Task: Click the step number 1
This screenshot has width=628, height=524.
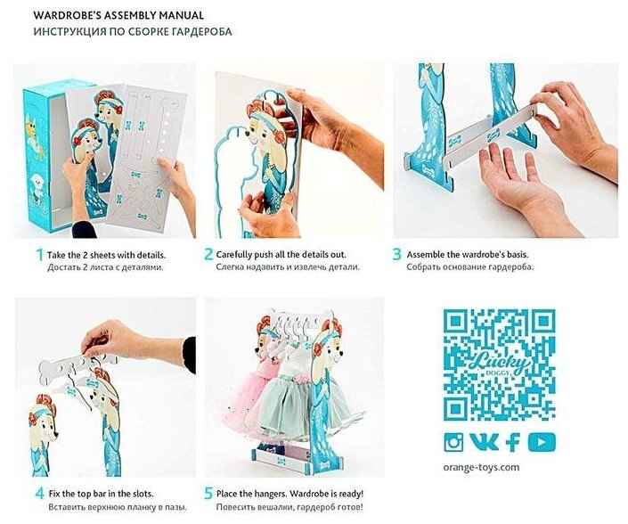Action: tap(39, 255)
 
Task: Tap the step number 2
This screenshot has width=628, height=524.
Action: tap(208, 254)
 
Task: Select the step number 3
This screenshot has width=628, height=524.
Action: tap(396, 254)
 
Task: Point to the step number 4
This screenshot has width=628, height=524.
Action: tap(40, 493)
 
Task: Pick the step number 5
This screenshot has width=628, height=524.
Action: tap(208, 493)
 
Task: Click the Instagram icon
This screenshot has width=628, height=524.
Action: tap(453, 442)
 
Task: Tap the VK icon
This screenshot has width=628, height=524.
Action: tap(484, 442)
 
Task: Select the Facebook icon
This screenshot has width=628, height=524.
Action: tap(513, 442)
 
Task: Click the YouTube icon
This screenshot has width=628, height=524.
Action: tap(542, 442)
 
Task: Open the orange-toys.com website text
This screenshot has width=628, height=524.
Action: tap(481, 468)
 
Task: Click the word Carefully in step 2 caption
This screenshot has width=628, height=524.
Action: tap(234, 255)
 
